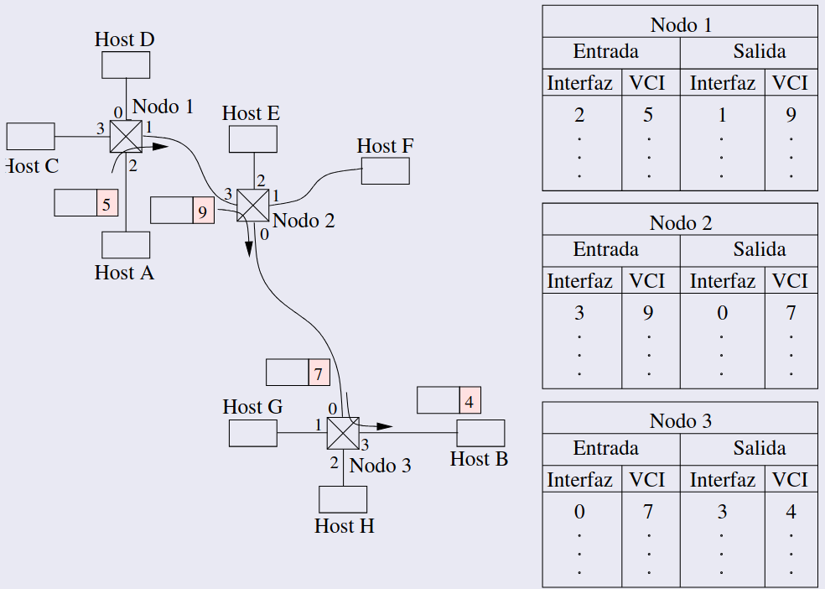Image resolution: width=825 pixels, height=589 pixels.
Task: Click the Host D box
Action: [x=126, y=65]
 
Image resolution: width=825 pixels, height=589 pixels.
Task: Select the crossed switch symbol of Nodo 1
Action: [x=126, y=136]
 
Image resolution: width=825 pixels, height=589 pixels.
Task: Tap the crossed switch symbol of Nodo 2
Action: [x=252, y=204]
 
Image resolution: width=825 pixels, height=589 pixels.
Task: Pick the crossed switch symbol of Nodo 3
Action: [x=342, y=433]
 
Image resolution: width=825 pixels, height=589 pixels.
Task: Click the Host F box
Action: [x=386, y=170]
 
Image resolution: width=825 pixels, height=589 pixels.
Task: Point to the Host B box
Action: [x=480, y=433]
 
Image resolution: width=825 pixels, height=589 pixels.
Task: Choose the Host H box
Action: [x=343, y=499]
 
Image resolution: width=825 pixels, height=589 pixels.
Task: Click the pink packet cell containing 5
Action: [x=106, y=203]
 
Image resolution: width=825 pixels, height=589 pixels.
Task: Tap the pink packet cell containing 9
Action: [x=203, y=210]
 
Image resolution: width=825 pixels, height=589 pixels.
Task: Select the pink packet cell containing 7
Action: [x=319, y=372]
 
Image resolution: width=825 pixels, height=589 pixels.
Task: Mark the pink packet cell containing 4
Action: [x=470, y=400]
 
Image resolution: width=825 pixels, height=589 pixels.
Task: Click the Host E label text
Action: [x=251, y=113]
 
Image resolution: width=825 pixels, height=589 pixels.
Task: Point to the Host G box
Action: [x=252, y=433]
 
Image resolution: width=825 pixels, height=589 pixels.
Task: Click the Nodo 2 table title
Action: [x=680, y=223]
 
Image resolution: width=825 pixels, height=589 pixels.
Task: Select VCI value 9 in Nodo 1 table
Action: [x=791, y=115]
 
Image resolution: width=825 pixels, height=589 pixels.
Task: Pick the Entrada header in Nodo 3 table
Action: [x=605, y=448]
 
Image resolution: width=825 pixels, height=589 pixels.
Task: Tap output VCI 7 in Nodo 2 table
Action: [x=791, y=313]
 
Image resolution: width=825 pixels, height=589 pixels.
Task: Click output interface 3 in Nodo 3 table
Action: [x=722, y=511]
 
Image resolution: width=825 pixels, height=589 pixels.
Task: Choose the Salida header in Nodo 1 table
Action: [x=759, y=52]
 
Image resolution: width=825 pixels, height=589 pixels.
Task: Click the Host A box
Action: [x=126, y=245]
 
